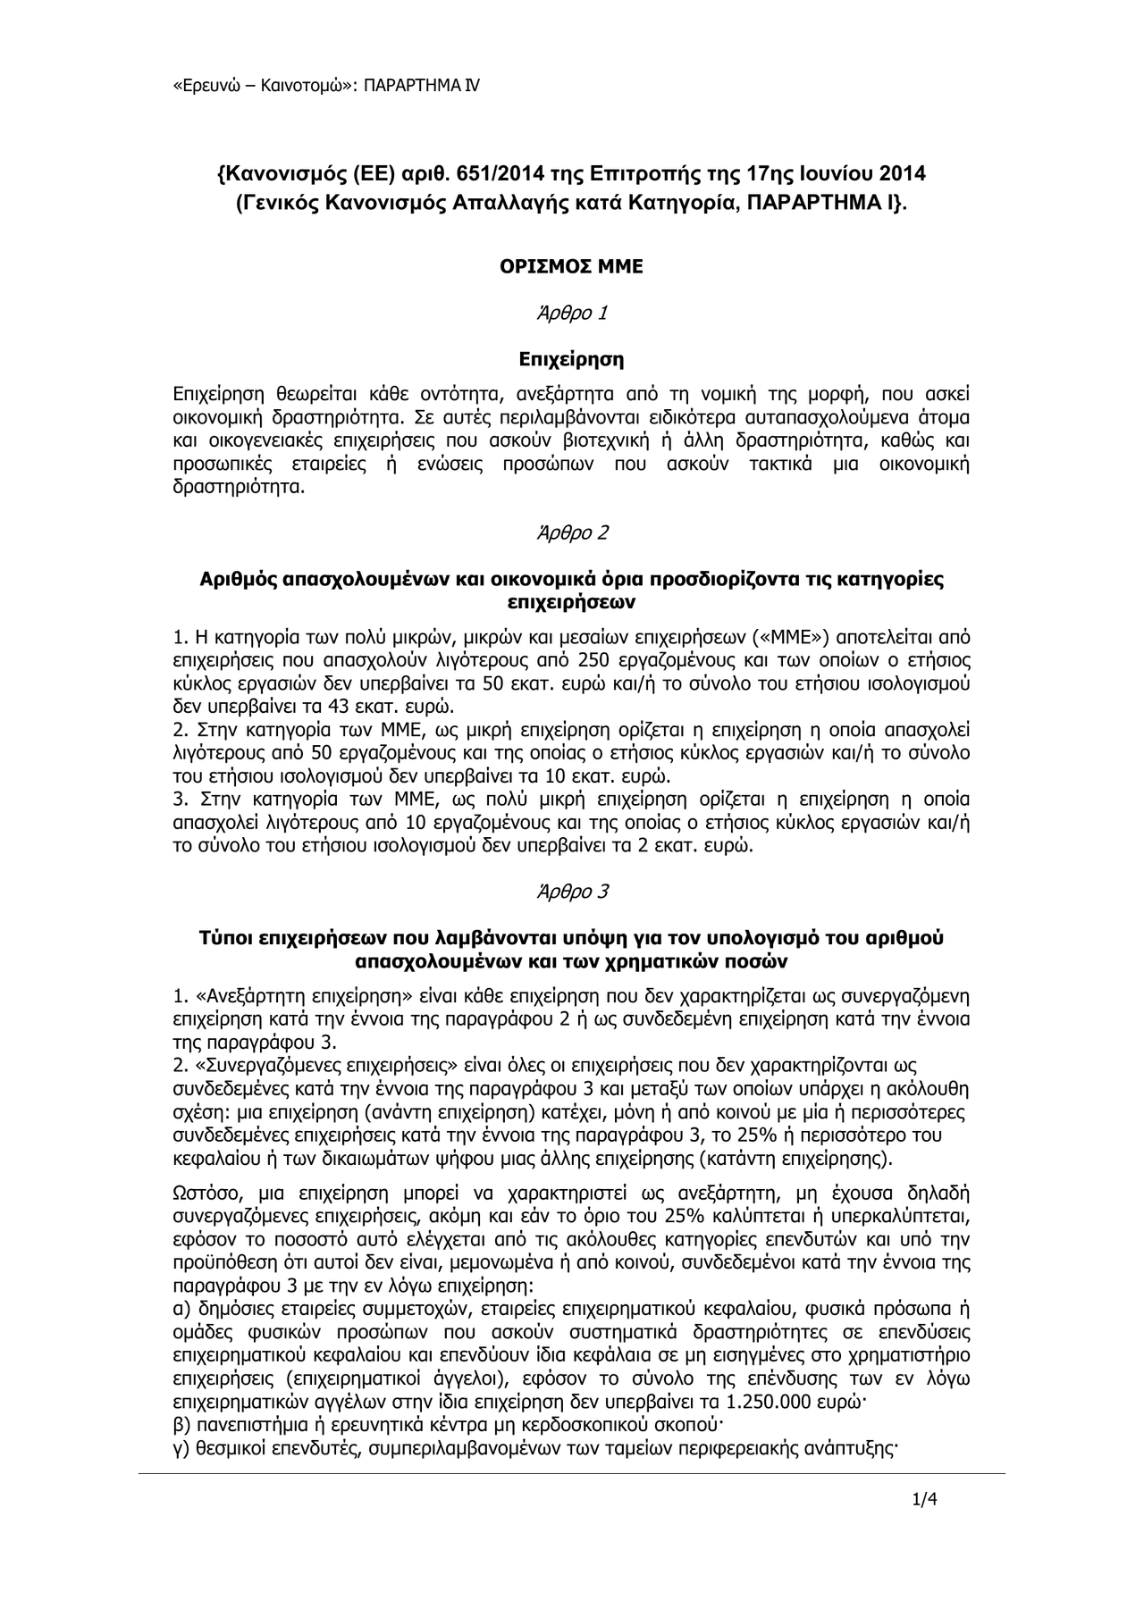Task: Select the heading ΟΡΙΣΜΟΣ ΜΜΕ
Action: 570,266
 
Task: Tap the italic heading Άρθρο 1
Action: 571,314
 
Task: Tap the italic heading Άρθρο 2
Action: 571,532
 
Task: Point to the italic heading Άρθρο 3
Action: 571,892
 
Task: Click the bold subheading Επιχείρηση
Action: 571,360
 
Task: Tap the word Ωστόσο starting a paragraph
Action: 202,1193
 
